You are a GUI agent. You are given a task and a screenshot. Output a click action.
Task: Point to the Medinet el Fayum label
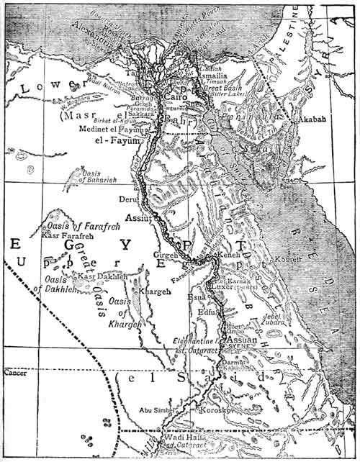click(113, 129)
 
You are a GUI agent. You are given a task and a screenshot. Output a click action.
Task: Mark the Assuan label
click(243, 338)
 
